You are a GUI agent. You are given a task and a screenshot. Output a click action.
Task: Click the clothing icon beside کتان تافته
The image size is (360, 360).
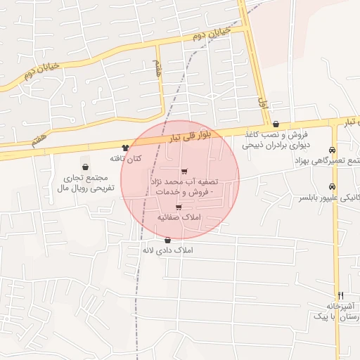(125, 148)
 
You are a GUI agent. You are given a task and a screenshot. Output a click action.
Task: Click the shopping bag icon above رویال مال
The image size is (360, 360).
(85, 167)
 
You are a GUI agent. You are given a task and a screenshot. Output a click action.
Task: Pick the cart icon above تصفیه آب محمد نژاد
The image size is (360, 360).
(184, 172)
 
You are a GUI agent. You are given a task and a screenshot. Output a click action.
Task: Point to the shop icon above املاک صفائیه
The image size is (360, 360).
(179, 207)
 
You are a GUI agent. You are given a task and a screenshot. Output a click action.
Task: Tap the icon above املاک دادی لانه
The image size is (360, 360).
(167, 240)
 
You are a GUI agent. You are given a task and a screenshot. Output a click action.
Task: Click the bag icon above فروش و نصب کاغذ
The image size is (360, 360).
(276, 123)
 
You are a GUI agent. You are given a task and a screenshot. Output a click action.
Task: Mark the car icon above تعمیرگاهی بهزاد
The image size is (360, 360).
(331, 150)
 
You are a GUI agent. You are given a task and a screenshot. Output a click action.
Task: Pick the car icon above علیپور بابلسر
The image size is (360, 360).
(332, 186)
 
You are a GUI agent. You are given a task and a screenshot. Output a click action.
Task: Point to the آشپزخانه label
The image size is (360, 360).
(341, 307)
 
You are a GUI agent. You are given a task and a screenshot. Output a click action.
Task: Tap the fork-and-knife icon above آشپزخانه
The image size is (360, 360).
(341, 295)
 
